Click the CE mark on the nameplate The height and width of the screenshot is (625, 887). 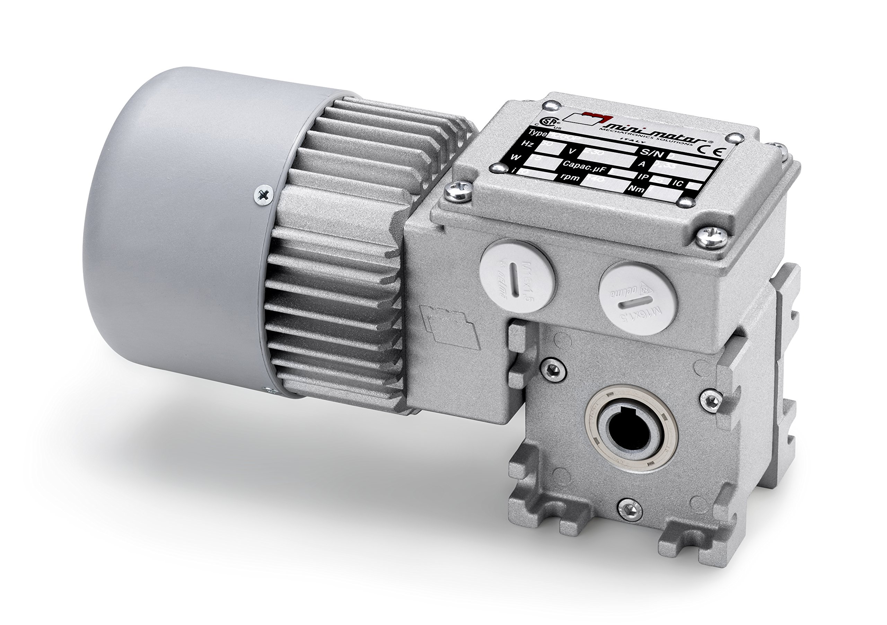[x=712, y=151]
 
